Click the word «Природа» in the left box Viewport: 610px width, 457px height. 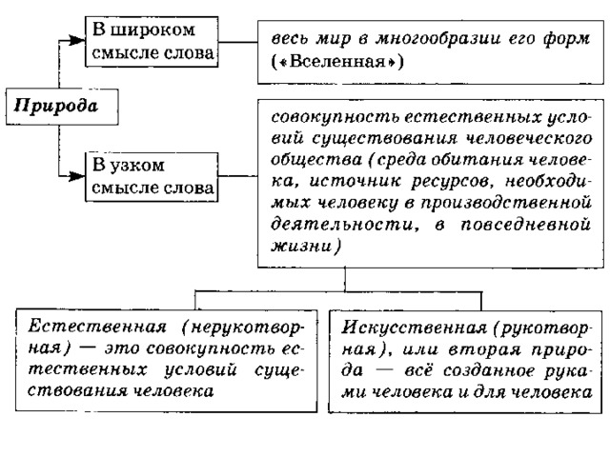(55, 106)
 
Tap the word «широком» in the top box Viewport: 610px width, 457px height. (152, 30)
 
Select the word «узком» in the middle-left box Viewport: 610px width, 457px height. (137, 167)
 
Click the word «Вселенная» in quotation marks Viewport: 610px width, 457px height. (336, 62)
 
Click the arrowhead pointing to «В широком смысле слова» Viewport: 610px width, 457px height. (76, 40)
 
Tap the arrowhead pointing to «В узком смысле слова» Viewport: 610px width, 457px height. (76, 176)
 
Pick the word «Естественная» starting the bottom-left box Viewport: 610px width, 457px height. (97, 327)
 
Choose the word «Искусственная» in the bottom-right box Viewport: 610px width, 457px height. (414, 328)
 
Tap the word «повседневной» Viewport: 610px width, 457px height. (525, 225)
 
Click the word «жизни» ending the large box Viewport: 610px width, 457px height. (301, 247)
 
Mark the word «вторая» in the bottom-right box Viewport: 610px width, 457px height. (484, 349)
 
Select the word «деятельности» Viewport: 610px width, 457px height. (342, 225)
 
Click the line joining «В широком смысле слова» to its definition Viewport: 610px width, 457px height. (237, 42)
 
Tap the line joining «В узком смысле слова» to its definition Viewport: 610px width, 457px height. (237, 176)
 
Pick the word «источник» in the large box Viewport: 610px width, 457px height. (355, 182)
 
